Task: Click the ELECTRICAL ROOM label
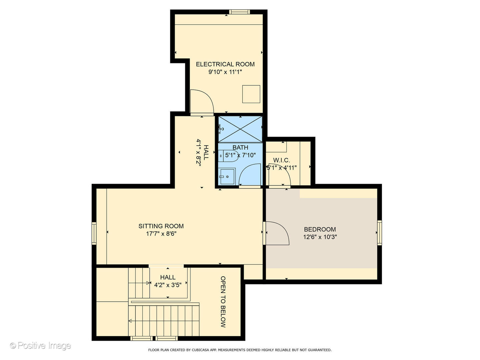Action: (225, 64)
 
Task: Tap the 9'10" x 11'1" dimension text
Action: (225, 72)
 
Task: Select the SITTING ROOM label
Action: (161, 226)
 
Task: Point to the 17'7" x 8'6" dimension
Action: (161, 234)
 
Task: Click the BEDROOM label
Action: (320, 229)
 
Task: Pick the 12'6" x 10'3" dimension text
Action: (320, 237)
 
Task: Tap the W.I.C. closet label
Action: (281, 160)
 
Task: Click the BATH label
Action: (240, 147)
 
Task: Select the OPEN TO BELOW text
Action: (223, 302)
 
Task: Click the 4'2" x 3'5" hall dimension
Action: (168, 285)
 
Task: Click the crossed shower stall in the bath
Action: (240, 129)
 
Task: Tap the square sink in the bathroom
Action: (227, 176)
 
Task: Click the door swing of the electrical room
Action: (201, 102)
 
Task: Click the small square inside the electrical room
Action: (251, 94)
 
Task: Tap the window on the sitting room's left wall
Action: (94, 233)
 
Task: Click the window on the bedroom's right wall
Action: (379, 233)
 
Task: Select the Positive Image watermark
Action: (40, 346)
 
